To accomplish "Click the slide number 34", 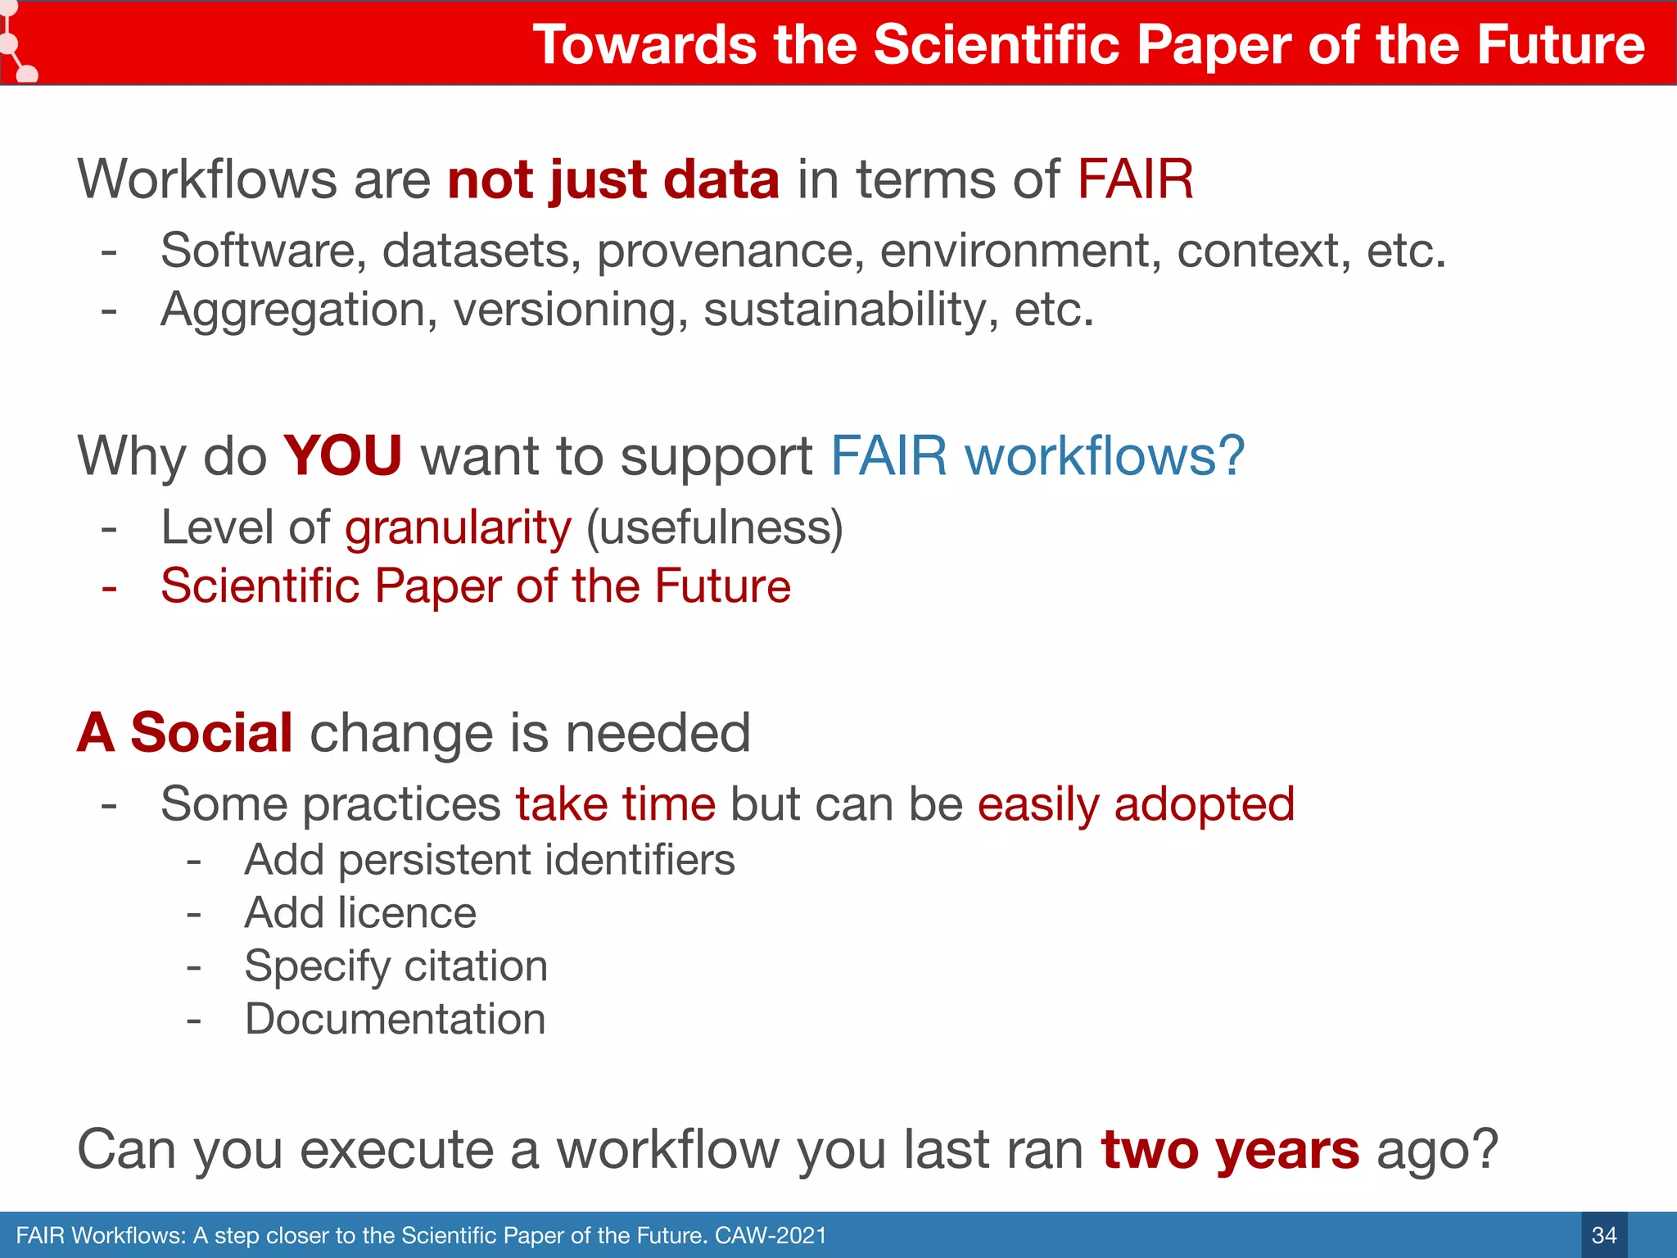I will tap(1603, 1235).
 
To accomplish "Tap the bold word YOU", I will tap(342, 455).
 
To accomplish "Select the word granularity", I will tap(458, 527).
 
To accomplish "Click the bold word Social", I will tap(210, 732).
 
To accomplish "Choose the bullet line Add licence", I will tap(359, 913).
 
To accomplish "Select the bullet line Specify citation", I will tap(396, 966).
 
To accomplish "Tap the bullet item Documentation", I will tap(395, 1020).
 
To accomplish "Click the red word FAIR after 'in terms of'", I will tap(1135, 179).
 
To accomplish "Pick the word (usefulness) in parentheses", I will tap(714, 527).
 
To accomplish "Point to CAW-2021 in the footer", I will tap(771, 1235).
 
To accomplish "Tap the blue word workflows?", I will tap(1105, 455).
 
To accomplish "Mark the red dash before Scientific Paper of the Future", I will tap(109, 587).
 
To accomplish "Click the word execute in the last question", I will tap(396, 1150).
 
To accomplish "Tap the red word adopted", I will tap(1204, 804).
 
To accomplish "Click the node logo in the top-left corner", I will tap(16, 45).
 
